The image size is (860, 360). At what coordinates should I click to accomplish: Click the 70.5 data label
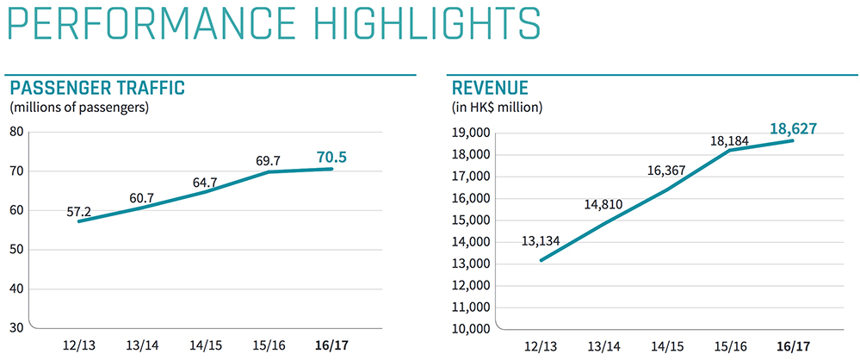click(x=331, y=157)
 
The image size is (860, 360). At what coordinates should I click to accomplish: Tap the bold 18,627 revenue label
click(x=792, y=128)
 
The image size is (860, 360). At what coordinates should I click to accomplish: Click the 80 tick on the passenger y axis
click(x=16, y=132)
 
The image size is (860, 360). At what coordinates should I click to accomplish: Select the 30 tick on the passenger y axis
click(x=16, y=327)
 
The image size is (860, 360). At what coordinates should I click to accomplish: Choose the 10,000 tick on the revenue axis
click(x=470, y=329)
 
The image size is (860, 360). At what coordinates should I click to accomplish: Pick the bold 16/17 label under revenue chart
click(x=792, y=346)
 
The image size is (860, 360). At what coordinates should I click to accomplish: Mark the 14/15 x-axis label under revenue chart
click(x=666, y=346)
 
